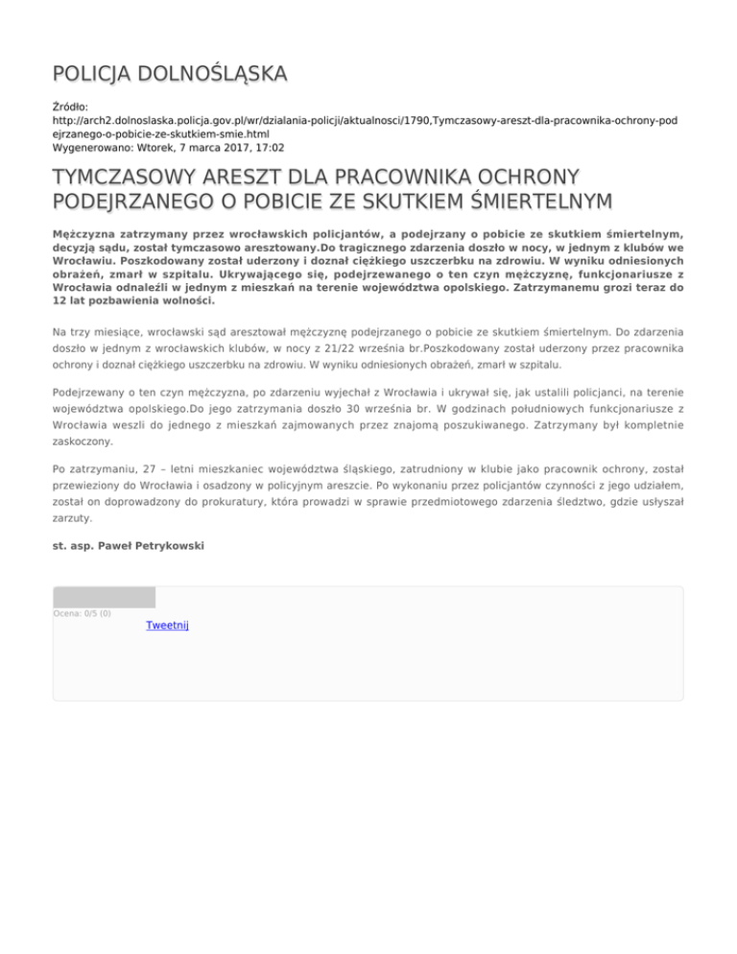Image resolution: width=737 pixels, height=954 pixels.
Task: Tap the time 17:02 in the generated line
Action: coord(267,149)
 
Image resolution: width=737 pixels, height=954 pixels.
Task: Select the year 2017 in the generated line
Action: coord(226,149)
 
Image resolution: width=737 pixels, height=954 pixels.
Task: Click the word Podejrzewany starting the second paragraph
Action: coord(95,393)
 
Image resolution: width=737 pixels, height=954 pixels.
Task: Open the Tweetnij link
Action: coord(167,625)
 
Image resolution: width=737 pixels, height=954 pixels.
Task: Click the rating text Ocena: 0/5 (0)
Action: coord(82,613)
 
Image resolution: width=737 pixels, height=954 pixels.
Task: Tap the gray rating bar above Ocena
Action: coord(104,597)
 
